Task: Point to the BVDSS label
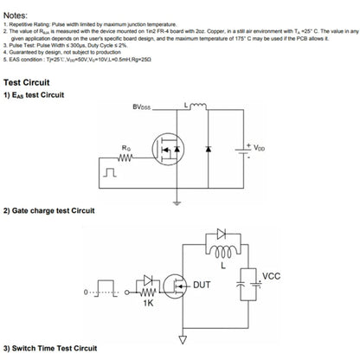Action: point(143,107)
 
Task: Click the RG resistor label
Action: point(127,147)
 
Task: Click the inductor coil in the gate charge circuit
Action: point(224,253)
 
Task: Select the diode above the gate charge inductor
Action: point(224,234)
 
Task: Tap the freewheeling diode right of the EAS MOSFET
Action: point(209,150)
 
